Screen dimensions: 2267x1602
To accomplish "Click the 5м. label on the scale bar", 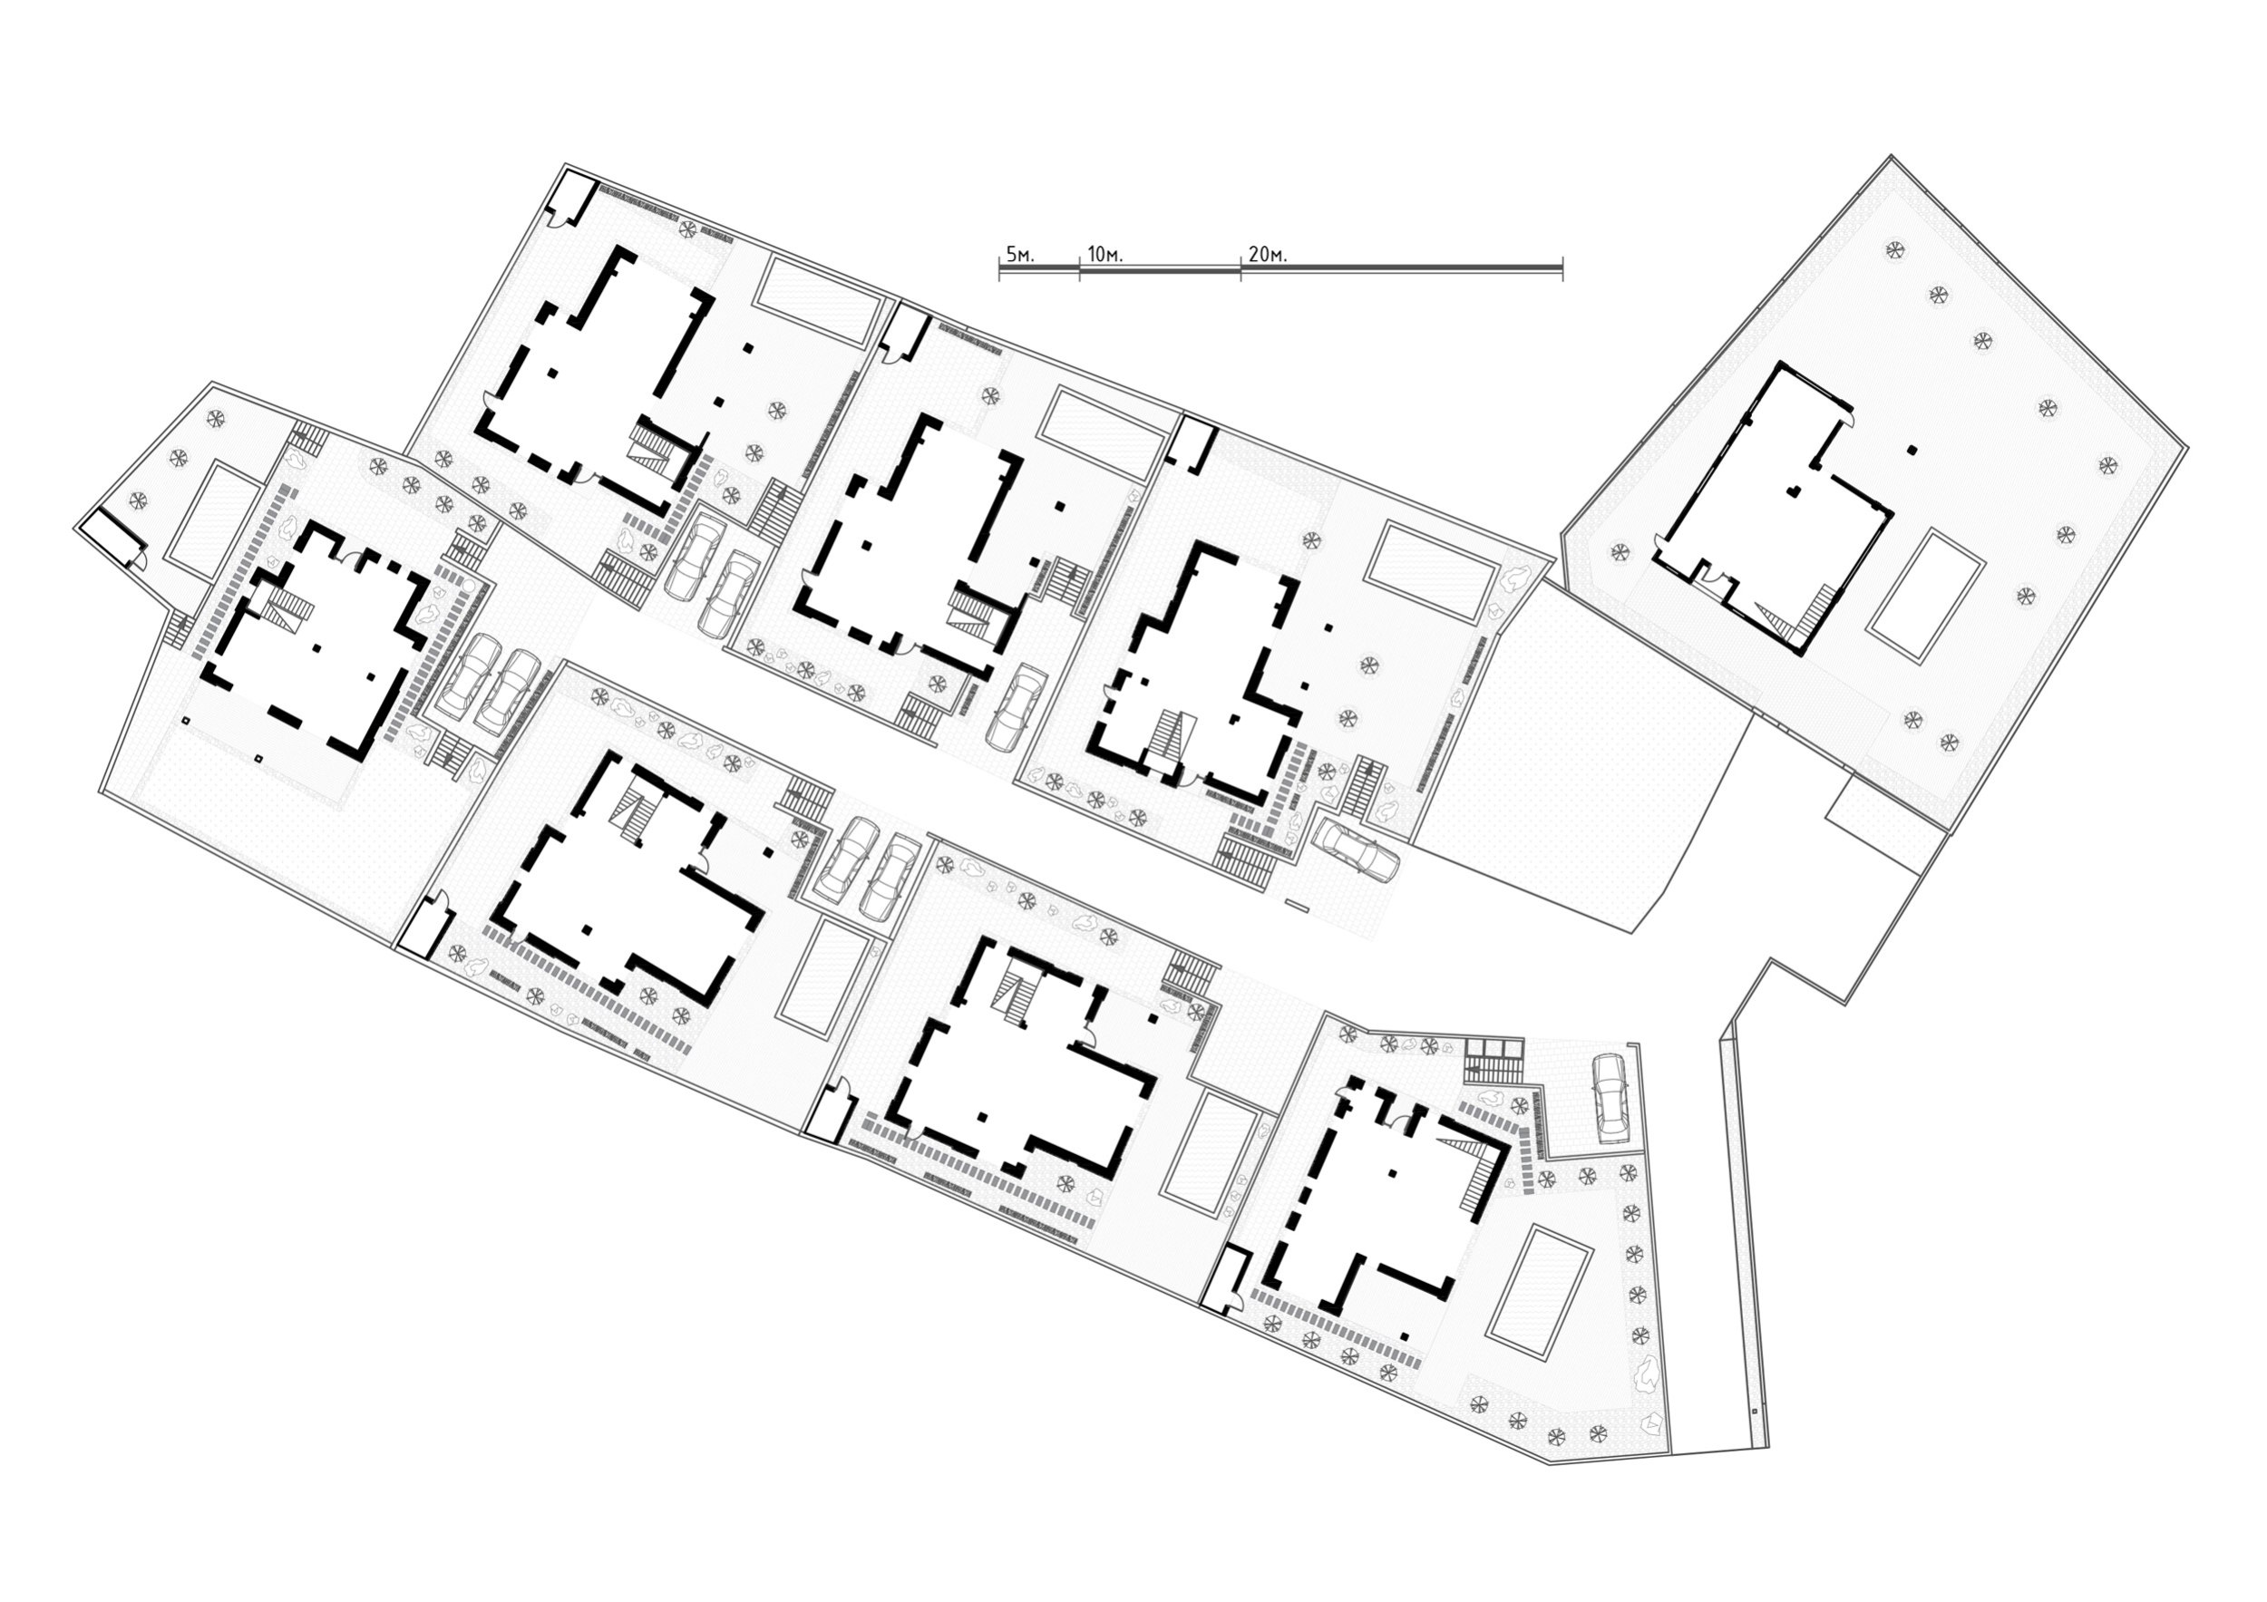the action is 1019,255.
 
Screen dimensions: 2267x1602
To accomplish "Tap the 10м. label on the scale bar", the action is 1104,255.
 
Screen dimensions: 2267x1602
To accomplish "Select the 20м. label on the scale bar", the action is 1268,255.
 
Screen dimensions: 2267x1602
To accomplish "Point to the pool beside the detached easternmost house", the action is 1925,596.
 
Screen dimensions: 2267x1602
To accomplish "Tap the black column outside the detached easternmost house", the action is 1912,450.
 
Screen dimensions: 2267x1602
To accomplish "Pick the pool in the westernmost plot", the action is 214,520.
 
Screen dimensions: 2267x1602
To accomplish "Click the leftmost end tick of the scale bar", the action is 999,267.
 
